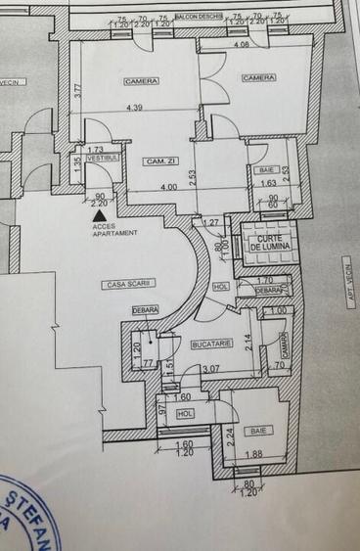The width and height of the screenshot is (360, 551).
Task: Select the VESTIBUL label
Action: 102,157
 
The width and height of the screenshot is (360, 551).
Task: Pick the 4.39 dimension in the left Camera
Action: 133,107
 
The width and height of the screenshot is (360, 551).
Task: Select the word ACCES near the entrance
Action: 102,226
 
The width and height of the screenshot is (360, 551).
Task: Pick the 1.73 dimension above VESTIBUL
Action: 95,148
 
